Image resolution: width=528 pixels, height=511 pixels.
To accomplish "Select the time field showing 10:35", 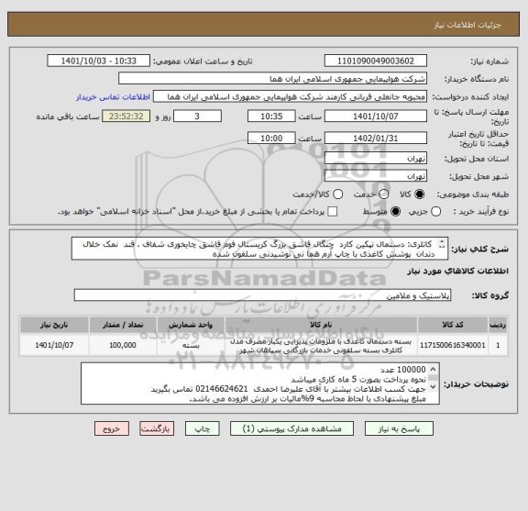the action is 271,118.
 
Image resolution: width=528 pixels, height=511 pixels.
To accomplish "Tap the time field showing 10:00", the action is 271,139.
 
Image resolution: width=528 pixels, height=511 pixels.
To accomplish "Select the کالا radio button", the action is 420,194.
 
